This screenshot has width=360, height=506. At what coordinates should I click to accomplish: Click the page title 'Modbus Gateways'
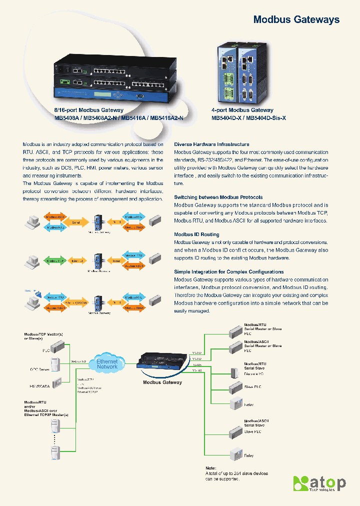296,20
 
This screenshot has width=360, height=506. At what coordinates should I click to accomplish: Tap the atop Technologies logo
319,484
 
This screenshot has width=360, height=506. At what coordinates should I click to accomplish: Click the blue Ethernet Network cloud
106,364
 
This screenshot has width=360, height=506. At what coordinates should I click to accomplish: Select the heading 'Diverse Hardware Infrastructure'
211,144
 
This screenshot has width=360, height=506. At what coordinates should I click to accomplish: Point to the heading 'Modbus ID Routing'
196,234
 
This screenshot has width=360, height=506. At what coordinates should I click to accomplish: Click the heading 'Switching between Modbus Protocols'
218,197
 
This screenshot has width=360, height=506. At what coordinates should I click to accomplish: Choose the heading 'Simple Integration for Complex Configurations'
228,271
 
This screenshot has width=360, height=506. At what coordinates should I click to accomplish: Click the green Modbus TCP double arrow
54,261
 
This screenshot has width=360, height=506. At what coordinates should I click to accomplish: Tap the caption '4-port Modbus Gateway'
242,110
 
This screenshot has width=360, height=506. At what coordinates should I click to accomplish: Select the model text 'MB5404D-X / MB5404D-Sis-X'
249,118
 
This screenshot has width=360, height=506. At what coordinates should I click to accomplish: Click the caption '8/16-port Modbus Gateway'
88,110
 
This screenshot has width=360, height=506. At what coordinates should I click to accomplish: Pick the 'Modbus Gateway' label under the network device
162,382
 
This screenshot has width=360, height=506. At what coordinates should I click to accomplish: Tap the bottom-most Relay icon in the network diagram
235,454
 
